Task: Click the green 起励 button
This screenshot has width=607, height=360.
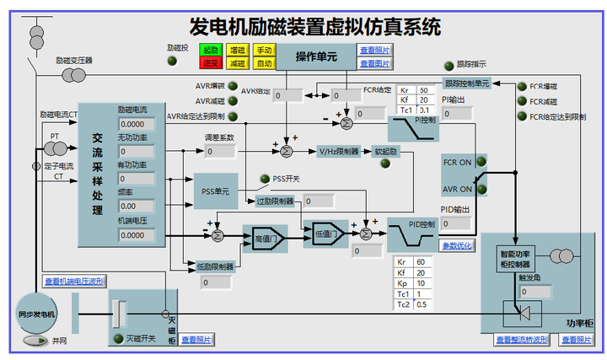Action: click(x=210, y=51)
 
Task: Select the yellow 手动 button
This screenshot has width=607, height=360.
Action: click(x=264, y=51)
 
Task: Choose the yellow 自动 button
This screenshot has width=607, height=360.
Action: click(x=264, y=63)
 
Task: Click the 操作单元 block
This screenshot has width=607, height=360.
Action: click(x=316, y=57)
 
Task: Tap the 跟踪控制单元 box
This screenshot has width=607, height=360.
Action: click(x=466, y=83)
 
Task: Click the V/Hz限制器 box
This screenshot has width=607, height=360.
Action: click(x=338, y=152)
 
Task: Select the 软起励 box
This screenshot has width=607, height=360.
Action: click(x=384, y=152)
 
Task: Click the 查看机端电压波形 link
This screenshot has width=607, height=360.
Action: click(x=74, y=282)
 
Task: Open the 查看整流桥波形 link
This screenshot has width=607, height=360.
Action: click(x=522, y=340)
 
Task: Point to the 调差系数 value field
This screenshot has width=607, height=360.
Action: click(x=218, y=151)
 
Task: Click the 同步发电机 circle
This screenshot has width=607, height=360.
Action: click(x=36, y=314)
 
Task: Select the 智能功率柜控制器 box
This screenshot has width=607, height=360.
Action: click(x=514, y=258)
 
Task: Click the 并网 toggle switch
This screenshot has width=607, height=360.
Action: click(x=35, y=341)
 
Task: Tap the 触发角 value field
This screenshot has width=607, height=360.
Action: click(x=534, y=292)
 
